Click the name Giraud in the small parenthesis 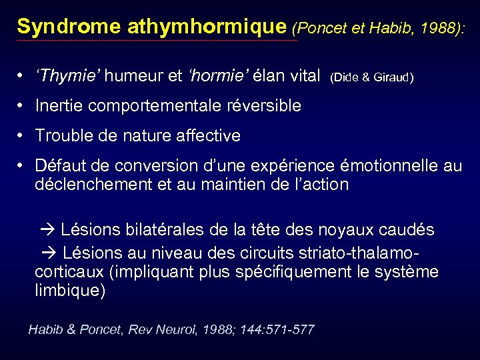click(395, 79)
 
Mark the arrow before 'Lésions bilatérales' click(48, 231)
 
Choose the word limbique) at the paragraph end click(70, 291)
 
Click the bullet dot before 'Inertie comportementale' click(22, 106)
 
